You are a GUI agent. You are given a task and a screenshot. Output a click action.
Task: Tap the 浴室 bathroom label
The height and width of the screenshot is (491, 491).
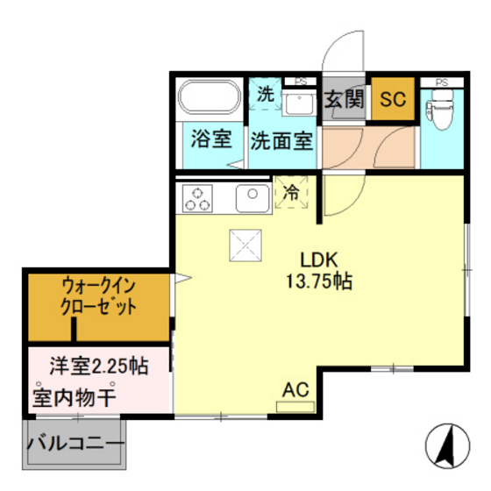click(x=211, y=139)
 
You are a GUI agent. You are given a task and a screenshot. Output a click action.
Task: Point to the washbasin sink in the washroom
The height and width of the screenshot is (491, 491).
click(x=301, y=103)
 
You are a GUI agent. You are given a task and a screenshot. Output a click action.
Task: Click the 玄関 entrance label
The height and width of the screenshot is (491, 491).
click(x=345, y=99)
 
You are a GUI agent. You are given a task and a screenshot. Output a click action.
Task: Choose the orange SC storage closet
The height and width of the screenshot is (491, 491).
click(x=393, y=99)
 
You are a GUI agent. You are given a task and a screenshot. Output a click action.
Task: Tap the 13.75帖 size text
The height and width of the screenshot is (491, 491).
click(x=318, y=283)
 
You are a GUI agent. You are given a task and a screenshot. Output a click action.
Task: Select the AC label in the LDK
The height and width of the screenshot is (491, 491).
click(x=295, y=388)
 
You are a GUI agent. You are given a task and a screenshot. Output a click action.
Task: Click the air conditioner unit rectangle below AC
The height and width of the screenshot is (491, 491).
click(x=294, y=407)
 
